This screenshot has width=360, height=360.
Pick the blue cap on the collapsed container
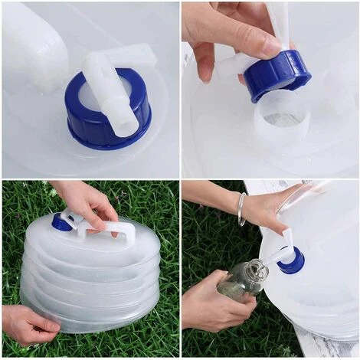click(x=62, y=222)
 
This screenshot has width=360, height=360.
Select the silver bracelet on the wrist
click(x=241, y=208)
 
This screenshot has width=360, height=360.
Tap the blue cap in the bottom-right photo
click(x=291, y=261)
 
